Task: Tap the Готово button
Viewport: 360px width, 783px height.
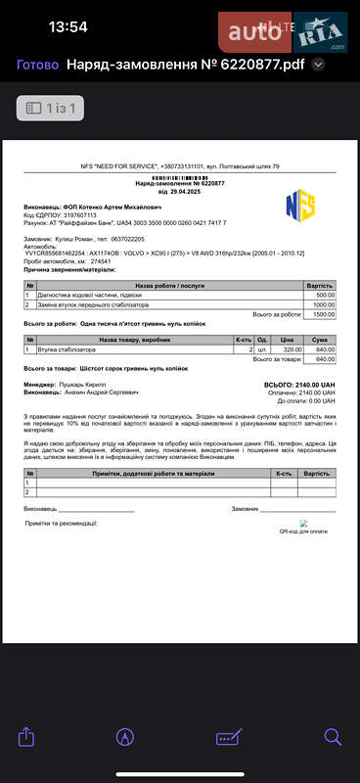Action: (37, 65)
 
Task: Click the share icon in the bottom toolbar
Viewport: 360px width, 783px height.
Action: (27, 736)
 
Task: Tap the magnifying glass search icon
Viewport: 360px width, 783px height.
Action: (333, 736)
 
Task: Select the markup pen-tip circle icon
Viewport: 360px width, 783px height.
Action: (125, 736)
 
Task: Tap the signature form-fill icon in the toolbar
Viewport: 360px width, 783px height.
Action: (229, 736)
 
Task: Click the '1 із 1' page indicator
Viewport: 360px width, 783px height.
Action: (50, 108)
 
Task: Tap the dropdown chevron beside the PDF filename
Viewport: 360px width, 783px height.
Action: (318, 66)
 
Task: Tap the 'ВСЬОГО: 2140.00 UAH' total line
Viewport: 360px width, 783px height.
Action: (299, 385)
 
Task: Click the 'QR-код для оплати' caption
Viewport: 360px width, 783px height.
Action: (303, 531)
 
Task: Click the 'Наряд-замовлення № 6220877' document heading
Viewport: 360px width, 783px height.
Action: (179, 183)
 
